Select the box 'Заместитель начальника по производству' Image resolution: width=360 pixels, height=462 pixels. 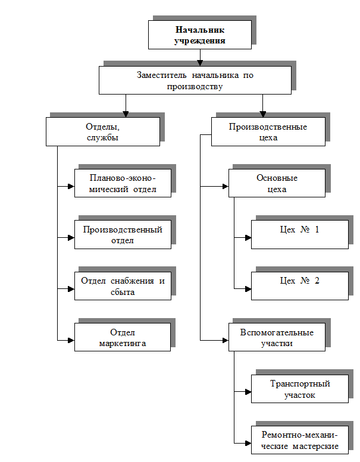(195, 80)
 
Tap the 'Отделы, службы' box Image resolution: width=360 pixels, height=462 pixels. (103, 131)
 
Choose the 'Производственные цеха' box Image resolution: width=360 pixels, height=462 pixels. (268, 131)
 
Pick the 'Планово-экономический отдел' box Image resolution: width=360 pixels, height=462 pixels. (123, 183)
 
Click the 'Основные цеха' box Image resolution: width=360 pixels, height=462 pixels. (277, 183)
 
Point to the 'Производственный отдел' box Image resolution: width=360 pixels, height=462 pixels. (123, 235)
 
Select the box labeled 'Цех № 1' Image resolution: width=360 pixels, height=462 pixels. (299, 235)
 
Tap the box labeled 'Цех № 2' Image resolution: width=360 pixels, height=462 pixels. (299, 286)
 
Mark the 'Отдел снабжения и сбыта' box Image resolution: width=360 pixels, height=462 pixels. (123, 286)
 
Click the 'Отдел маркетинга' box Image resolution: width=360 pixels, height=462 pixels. (123, 337)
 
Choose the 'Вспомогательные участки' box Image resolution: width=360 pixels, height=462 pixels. (277, 337)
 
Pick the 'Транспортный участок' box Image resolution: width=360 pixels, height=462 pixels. (299, 389)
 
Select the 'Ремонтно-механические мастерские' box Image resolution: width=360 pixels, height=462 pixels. (299, 440)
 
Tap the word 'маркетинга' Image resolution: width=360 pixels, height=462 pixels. (123, 343)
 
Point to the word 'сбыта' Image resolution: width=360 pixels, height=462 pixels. (123, 292)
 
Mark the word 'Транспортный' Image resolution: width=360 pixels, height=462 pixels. (299, 384)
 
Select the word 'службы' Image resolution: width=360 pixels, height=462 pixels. (102, 137)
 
